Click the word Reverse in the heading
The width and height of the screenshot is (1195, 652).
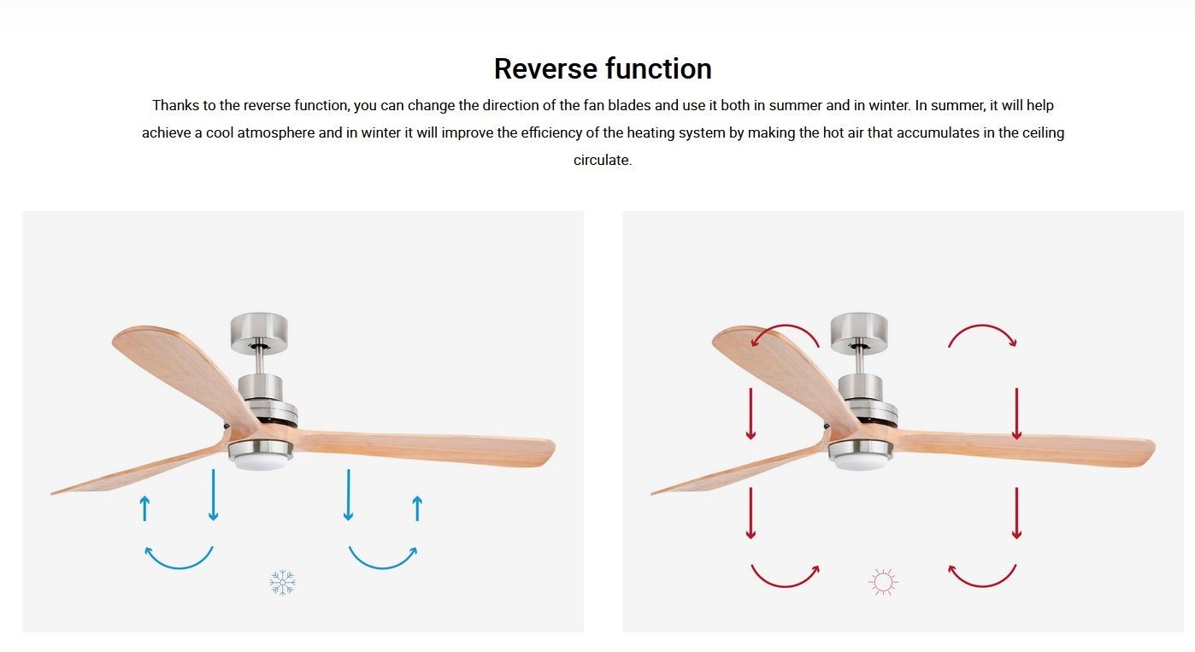(545, 68)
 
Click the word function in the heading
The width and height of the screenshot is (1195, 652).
(658, 68)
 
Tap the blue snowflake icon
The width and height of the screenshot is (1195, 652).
(283, 582)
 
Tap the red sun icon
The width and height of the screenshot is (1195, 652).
(883, 582)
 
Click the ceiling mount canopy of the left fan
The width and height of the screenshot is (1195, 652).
(259, 332)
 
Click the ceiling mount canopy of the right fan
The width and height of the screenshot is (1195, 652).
(859, 332)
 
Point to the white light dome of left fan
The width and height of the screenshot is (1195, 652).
(261, 463)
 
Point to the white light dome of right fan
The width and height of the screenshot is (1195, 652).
(861, 463)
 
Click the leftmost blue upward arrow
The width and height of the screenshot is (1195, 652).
(144, 508)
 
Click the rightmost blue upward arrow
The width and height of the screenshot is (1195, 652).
(418, 508)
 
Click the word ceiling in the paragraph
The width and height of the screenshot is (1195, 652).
(1043, 132)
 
